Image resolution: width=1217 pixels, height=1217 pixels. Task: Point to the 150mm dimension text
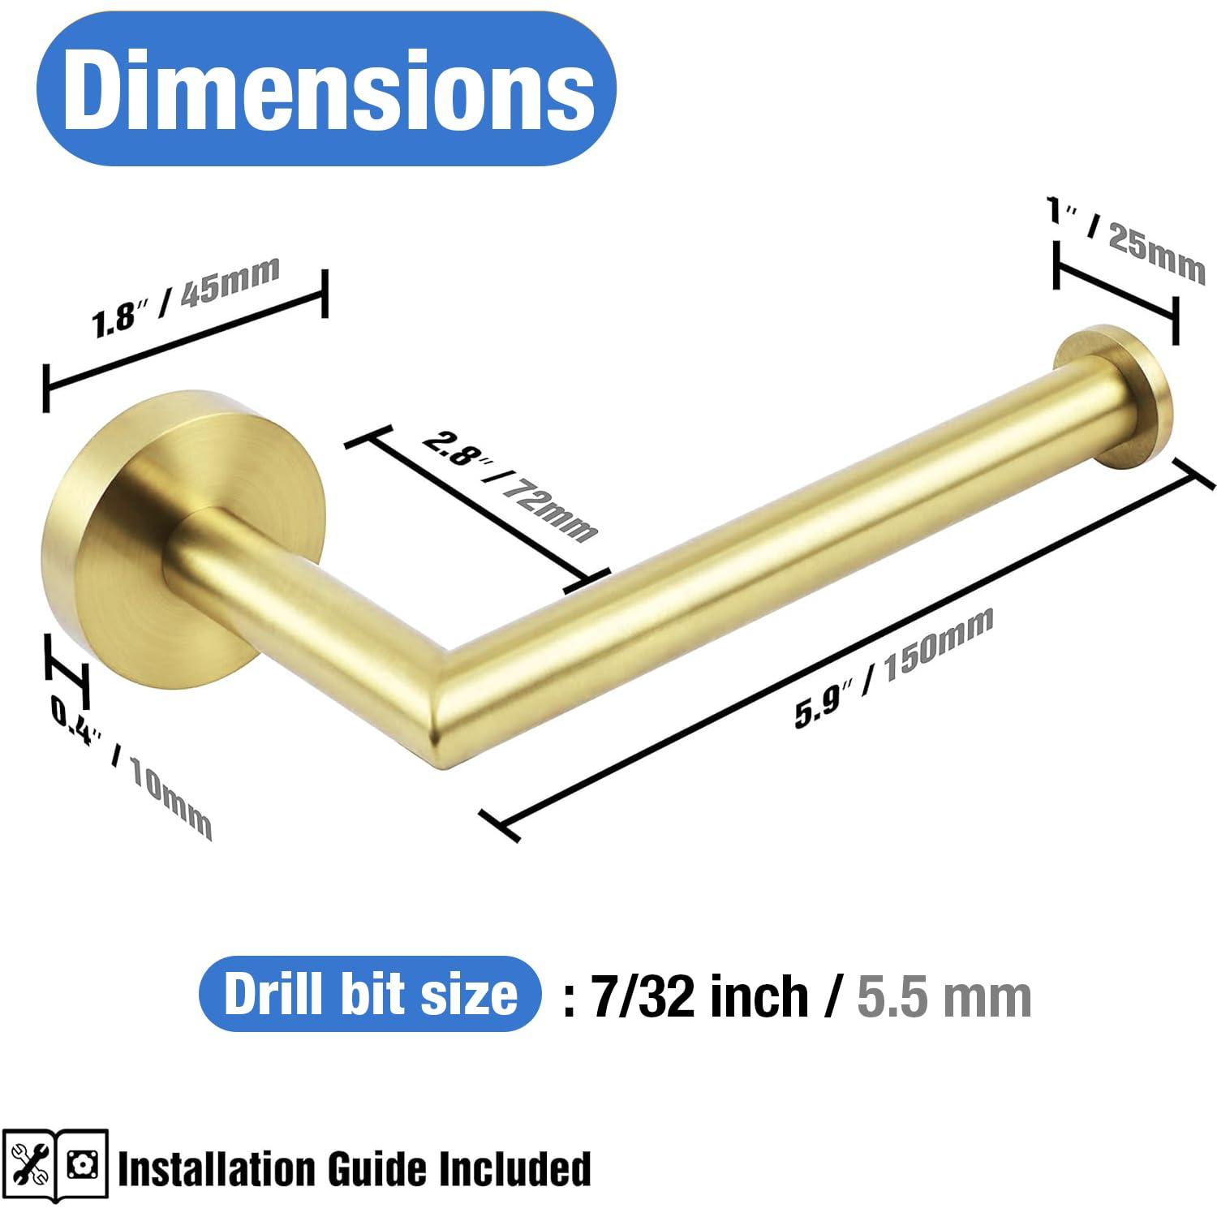938,645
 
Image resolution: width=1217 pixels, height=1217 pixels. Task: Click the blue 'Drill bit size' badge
370,994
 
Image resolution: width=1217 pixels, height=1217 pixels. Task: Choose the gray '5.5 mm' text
944,996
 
